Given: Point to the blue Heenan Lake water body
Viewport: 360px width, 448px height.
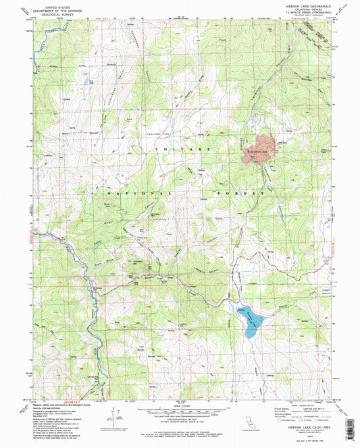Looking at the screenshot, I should click(250, 322).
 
